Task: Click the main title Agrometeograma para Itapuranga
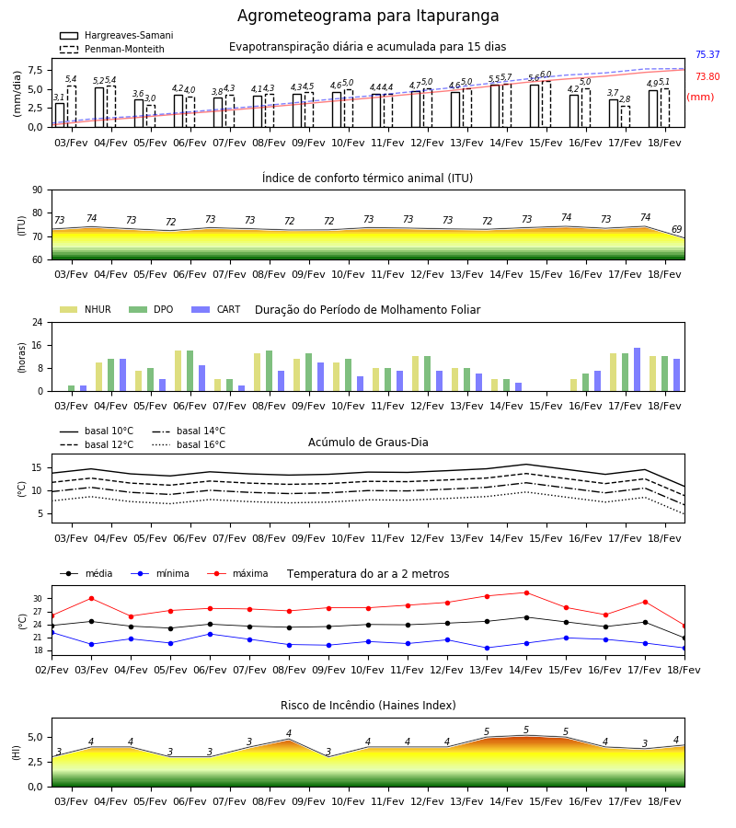coord(368,16)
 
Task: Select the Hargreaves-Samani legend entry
coord(116,35)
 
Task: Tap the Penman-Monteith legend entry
coord(112,49)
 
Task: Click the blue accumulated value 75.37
coord(707,54)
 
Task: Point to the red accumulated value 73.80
coord(707,76)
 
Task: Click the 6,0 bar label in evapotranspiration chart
coord(546,75)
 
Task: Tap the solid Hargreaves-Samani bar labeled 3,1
coord(60,115)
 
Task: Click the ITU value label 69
coord(676,229)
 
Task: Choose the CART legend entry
coord(215,309)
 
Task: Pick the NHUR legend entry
coord(86,309)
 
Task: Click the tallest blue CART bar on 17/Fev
coord(638,370)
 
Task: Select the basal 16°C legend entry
coord(189,444)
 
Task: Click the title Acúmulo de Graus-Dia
coord(368,442)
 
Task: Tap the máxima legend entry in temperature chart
coord(237,573)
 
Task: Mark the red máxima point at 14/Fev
coord(526,593)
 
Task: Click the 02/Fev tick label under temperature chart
coord(52,670)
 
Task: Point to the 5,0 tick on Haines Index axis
coord(35,737)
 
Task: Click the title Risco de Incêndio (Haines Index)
coord(368,706)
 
